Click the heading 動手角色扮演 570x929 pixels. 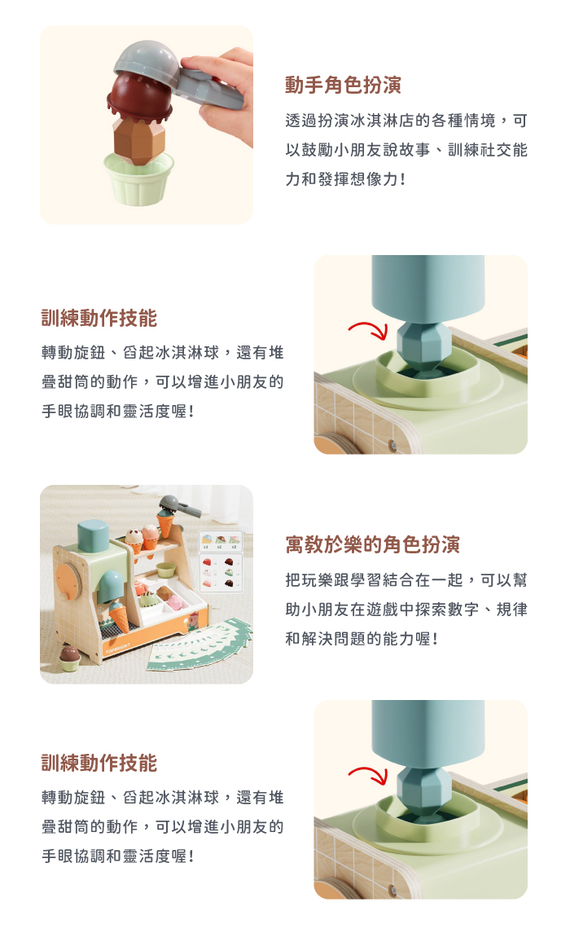[343, 85]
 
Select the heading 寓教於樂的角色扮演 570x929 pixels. [372, 544]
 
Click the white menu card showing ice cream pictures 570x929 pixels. [220, 561]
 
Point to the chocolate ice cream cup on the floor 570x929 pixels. [70, 658]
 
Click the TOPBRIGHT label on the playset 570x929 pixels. [118, 648]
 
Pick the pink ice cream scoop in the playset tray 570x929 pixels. [176, 602]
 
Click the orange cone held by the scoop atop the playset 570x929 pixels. [166, 523]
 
